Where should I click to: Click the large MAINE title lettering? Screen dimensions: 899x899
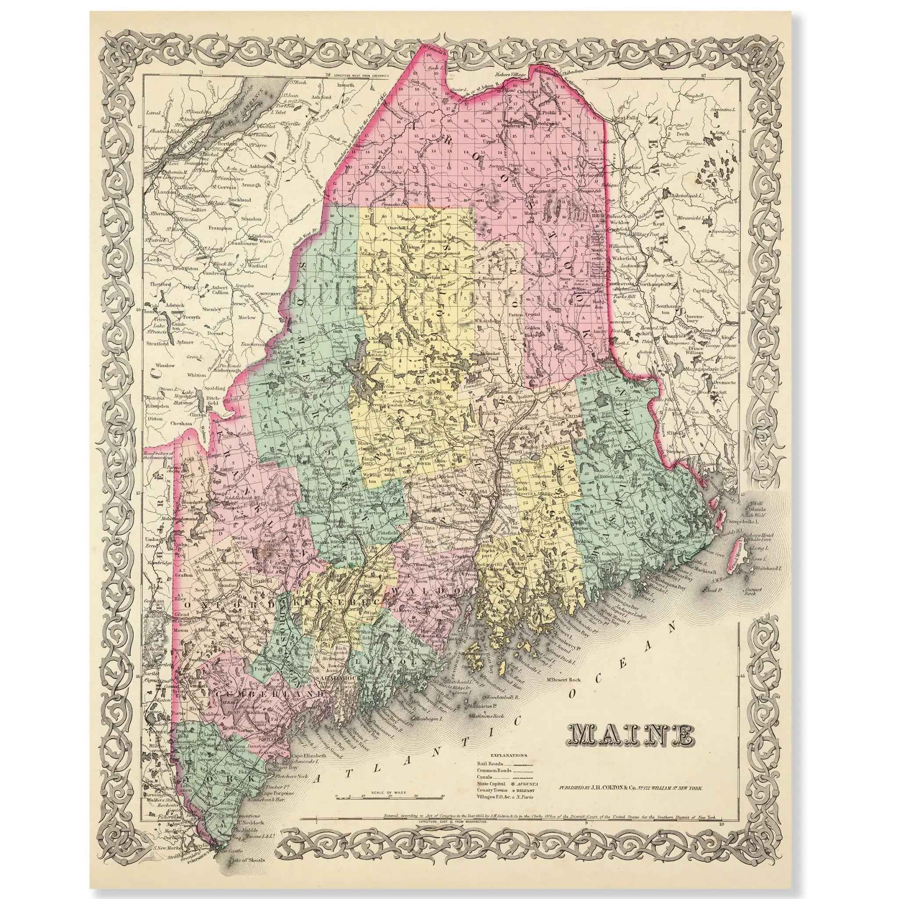coord(630,748)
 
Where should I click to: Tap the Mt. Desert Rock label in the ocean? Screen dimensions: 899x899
coord(564,680)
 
